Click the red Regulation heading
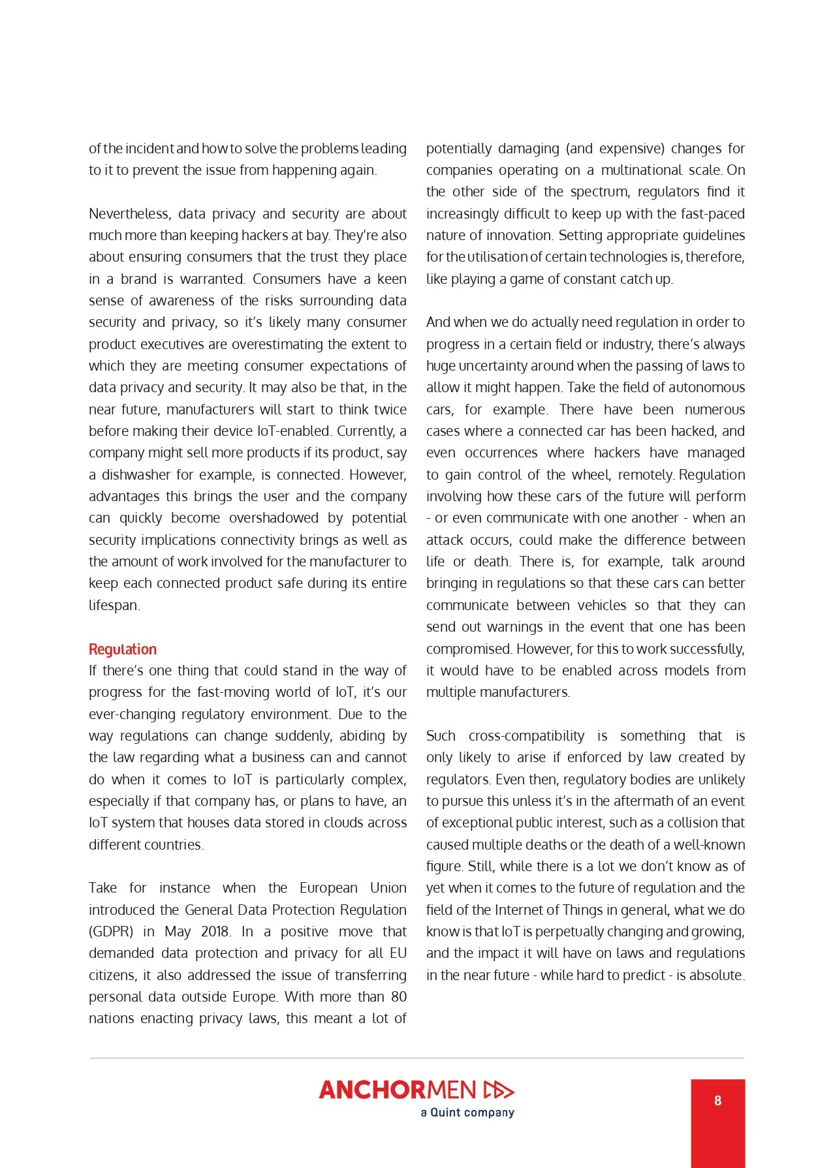123,649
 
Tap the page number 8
717,1101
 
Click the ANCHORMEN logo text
398,1090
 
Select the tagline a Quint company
467,1113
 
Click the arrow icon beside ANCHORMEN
499,1090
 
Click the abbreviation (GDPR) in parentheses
111,932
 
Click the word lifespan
114,606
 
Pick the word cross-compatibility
526,736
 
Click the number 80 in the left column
398,997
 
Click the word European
328,888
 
